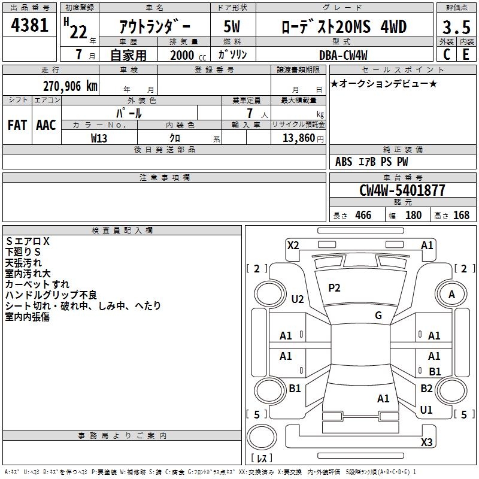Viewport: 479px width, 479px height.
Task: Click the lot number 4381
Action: (29, 26)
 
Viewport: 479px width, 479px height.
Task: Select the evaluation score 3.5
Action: (456, 28)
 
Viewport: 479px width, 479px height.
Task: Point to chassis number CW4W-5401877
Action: (402, 190)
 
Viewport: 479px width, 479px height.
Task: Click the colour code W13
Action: (99, 138)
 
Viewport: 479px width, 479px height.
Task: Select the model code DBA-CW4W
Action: (343, 54)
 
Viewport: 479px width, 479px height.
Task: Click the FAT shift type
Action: (17, 125)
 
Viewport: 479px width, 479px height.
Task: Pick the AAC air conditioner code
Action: (46, 125)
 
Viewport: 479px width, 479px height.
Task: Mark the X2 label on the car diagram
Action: (293, 244)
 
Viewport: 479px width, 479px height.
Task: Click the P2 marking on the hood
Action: (334, 288)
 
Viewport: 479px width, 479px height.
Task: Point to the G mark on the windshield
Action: (378, 316)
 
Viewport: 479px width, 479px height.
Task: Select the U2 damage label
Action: (297, 299)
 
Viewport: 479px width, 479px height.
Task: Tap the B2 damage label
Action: (426, 388)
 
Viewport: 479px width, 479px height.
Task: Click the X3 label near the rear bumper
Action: (426, 442)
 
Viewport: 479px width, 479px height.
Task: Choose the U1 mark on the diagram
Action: (426, 410)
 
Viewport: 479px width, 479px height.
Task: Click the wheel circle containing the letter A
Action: (451, 294)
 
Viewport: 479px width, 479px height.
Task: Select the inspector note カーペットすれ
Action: (37, 284)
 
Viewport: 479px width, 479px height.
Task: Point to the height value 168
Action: (461, 216)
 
